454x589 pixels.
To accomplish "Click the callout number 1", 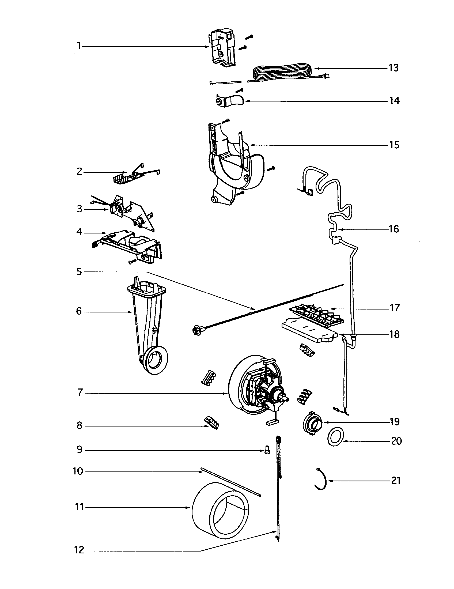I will tap(79, 46).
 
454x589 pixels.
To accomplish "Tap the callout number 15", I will tap(394, 145).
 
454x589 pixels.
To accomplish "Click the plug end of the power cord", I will tap(327, 77).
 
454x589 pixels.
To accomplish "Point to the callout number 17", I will tap(394, 308).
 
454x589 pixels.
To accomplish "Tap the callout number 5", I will tap(79, 271).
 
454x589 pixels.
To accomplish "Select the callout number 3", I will tap(79, 209).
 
